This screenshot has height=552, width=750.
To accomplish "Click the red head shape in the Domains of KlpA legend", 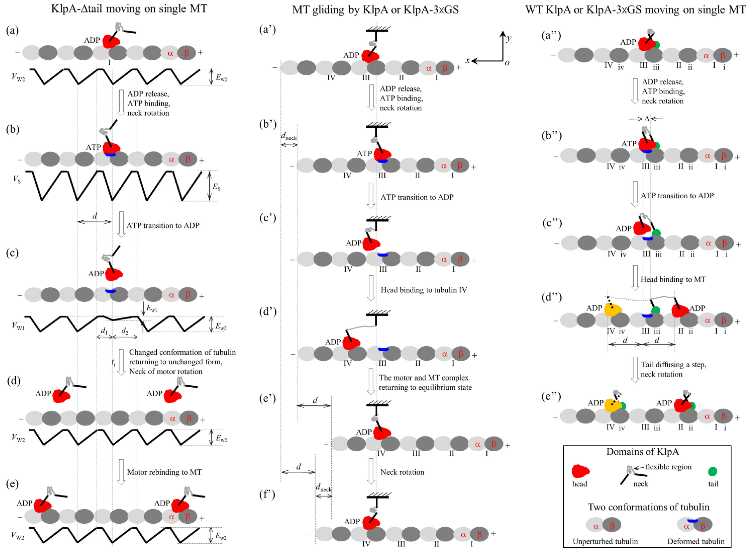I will click(580, 471).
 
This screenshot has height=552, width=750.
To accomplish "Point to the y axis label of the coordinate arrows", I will click(509, 38).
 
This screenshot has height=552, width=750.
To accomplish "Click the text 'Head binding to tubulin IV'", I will click(424, 290).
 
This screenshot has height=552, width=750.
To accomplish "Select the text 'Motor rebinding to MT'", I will click(164, 472).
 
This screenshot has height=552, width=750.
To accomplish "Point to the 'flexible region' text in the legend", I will click(668, 467).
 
